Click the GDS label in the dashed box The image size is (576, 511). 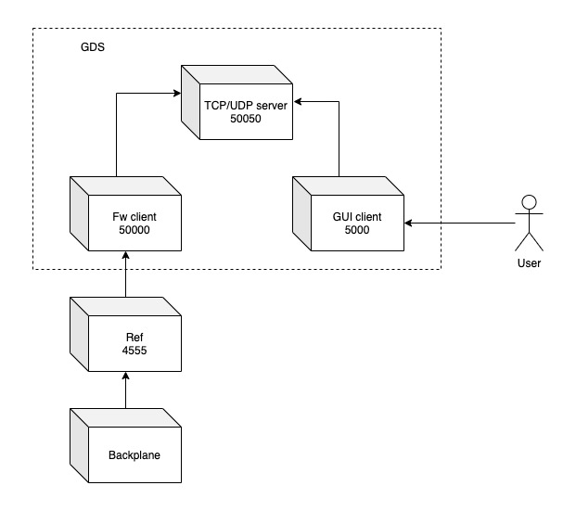pos(92,46)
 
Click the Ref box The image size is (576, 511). pos(124,339)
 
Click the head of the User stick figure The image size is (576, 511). pos(530,201)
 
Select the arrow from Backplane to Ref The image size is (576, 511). pos(125,390)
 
